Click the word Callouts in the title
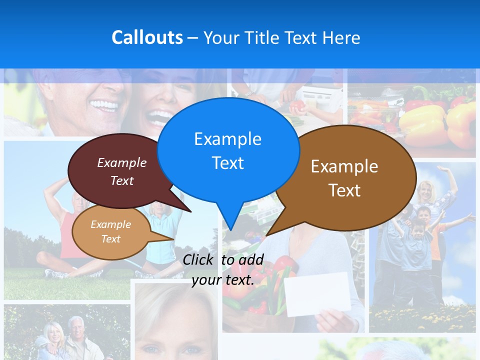147,38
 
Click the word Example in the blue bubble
227,139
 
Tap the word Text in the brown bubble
344,190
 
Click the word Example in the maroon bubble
122,163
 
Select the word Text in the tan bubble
110,239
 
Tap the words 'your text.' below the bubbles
223,280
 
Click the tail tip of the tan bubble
173,238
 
